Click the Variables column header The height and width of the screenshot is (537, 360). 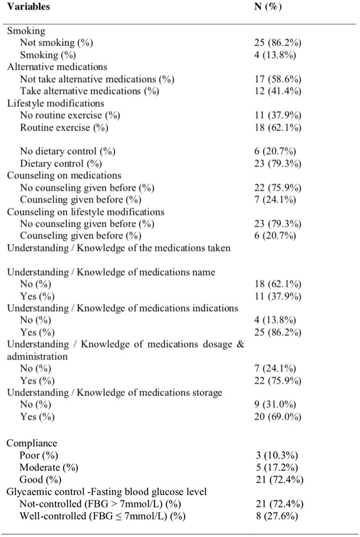coord(28,7)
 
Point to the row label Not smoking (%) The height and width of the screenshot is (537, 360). coord(57,43)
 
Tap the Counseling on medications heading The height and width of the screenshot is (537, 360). coord(64,175)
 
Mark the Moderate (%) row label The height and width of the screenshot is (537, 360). coord(48,467)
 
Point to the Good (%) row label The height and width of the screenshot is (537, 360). coord(41,479)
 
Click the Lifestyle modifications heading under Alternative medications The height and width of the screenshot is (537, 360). coord(55,103)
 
